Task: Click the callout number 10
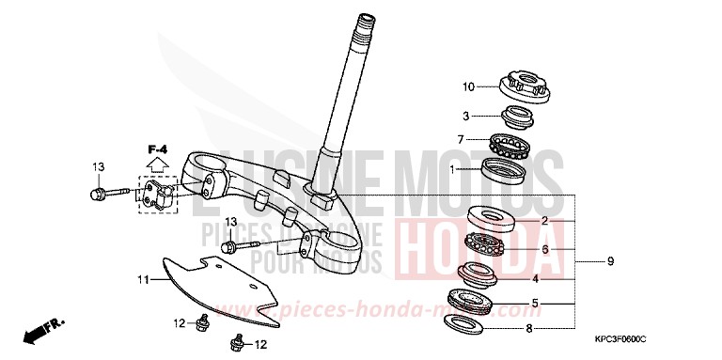click(468, 87)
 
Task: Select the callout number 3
click(464, 116)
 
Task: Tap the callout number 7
click(462, 140)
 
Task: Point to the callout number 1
click(453, 170)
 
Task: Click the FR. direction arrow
click(43, 330)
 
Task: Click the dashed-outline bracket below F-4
click(158, 193)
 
